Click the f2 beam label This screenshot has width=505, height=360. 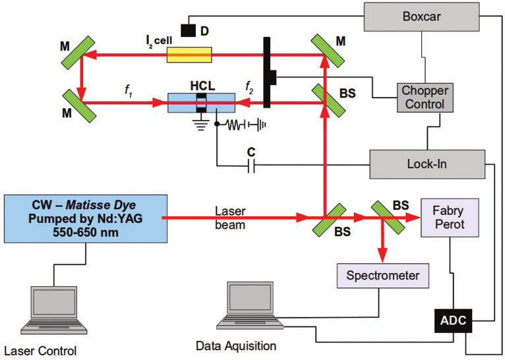point(249,86)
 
